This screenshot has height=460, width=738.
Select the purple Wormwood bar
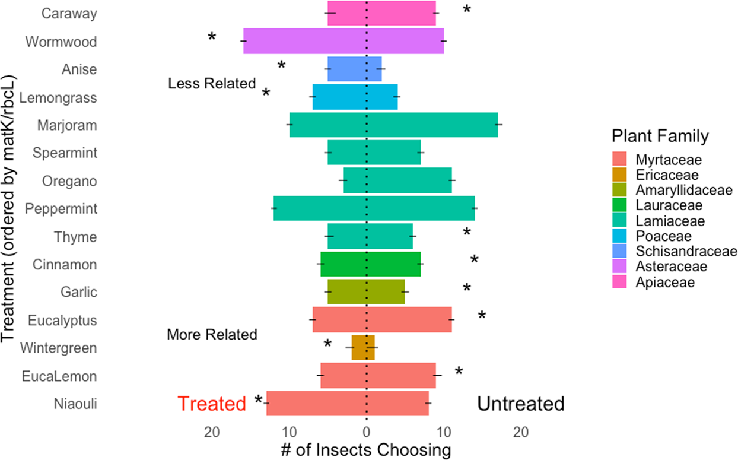pos(343,42)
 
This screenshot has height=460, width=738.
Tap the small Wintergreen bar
pos(363,348)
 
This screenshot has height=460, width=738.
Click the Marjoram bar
pos(393,125)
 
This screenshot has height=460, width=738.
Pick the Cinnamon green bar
pos(371,264)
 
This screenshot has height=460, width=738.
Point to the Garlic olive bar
pos(366,292)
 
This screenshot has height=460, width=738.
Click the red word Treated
pos(212,404)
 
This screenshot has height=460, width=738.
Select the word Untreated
pos(520,404)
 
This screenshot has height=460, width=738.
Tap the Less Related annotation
pos(212,84)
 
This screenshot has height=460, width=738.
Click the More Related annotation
pos(212,335)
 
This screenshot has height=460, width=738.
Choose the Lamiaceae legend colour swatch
pos(619,221)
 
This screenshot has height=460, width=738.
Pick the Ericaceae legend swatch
pos(619,175)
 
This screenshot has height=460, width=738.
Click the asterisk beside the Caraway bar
pos(467,9)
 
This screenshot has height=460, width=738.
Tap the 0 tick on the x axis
pos(367,433)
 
